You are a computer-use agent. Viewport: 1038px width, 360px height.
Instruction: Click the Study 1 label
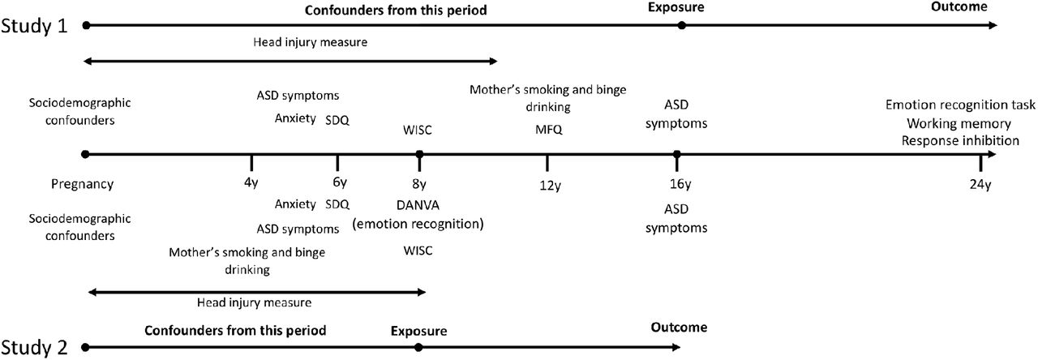(x=34, y=25)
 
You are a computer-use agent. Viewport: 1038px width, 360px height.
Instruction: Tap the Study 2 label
(x=34, y=347)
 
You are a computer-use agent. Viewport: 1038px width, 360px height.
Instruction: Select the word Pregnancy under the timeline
(x=83, y=184)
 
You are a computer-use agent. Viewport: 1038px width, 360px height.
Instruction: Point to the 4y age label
(x=251, y=183)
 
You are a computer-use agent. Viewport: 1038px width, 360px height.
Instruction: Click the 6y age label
(x=340, y=182)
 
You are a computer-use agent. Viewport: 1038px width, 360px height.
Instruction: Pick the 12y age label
(x=550, y=186)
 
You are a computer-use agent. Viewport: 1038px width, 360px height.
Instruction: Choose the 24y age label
(x=980, y=185)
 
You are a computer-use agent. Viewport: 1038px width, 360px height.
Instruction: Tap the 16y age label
(x=680, y=184)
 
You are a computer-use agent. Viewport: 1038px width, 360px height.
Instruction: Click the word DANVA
(x=418, y=205)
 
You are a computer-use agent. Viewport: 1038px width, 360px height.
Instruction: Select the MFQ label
(x=549, y=129)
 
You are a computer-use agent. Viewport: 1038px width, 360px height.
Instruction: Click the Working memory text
(x=959, y=124)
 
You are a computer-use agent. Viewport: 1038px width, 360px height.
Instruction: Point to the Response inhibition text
(x=960, y=140)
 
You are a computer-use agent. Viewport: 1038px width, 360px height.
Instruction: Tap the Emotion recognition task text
(x=960, y=105)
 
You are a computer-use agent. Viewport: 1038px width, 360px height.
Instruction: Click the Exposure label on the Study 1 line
(x=676, y=7)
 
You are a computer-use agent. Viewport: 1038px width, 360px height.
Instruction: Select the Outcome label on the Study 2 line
(x=679, y=328)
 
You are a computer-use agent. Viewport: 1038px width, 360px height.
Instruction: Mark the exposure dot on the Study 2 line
(x=418, y=347)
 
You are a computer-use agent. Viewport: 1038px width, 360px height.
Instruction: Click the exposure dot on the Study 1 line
(x=681, y=25)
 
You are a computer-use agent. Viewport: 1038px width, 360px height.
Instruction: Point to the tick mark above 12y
(x=547, y=163)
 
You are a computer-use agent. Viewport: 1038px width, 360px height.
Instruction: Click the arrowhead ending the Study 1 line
(x=993, y=25)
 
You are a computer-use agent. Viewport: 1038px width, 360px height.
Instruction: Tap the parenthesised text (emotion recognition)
(x=418, y=225)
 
